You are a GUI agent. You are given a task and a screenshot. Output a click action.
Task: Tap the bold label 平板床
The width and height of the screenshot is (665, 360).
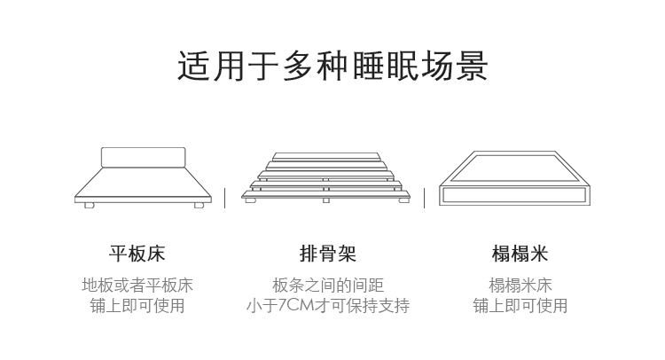137,254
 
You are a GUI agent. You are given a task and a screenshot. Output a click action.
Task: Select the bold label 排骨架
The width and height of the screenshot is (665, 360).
328,254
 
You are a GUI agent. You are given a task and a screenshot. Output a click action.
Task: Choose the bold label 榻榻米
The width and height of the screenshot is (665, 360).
520,254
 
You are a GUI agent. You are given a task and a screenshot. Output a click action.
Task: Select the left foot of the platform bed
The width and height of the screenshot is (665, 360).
90,205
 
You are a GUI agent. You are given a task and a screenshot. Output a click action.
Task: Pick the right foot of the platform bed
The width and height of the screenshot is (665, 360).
198,205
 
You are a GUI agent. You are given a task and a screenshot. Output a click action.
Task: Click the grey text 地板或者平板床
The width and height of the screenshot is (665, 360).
137,286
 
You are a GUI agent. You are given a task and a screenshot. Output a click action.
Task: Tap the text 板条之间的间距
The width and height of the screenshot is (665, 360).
328,286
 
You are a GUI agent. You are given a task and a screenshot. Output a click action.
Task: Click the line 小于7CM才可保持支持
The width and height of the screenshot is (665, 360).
328,306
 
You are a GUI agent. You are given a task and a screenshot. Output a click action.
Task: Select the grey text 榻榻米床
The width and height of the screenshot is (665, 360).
520,286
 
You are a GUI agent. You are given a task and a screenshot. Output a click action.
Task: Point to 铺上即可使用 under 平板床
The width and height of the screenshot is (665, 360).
137,306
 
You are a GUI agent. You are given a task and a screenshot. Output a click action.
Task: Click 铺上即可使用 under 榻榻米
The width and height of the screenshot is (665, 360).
520,306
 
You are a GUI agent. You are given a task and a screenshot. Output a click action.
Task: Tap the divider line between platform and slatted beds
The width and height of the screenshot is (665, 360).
224,198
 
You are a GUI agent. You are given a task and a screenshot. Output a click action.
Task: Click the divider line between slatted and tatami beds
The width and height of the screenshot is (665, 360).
424,198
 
